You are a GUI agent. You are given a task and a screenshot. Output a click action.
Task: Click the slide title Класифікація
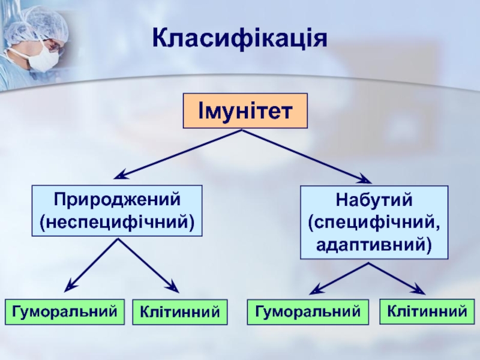(239, 38)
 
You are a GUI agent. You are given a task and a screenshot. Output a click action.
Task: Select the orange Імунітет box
(245, 111)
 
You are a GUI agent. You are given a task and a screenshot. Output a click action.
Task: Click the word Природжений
(118, 199)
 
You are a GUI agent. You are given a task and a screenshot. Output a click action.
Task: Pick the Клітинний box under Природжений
(179, 312)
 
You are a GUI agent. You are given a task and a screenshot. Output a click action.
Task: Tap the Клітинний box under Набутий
(427, 311)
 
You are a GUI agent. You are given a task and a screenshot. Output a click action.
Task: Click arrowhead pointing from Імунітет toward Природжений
(121, 176)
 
